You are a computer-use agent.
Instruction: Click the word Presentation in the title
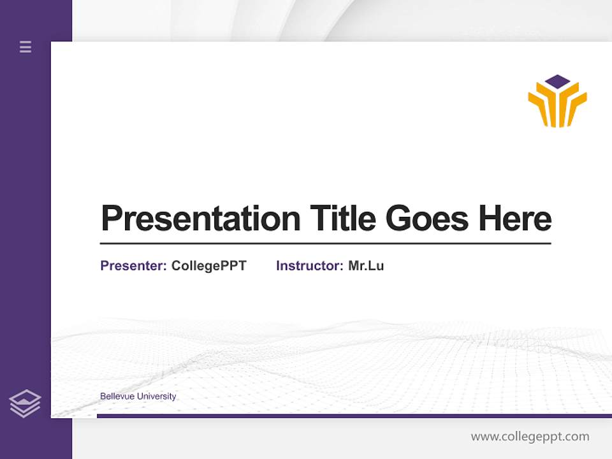tap(201, 219)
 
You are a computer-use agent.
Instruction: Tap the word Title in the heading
tap(343, 219)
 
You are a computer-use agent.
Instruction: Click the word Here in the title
tap(515, 219)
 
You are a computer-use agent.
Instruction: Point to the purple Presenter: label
tap(133, 266)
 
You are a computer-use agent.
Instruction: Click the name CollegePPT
tap(208, 266)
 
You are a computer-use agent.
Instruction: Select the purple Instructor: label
tap(309, 266)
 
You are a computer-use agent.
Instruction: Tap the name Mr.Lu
tap(366, 266)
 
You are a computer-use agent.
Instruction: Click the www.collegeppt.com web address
tap(530, 437)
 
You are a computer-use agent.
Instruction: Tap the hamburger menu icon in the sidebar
tap(25, 47)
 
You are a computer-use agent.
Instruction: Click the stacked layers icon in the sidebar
tap(25, 404)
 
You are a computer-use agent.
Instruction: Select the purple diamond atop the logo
tap(558, 82)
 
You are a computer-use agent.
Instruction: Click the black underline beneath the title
tap(325, 243)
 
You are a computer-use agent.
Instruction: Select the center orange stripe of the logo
tap(558, 108)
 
